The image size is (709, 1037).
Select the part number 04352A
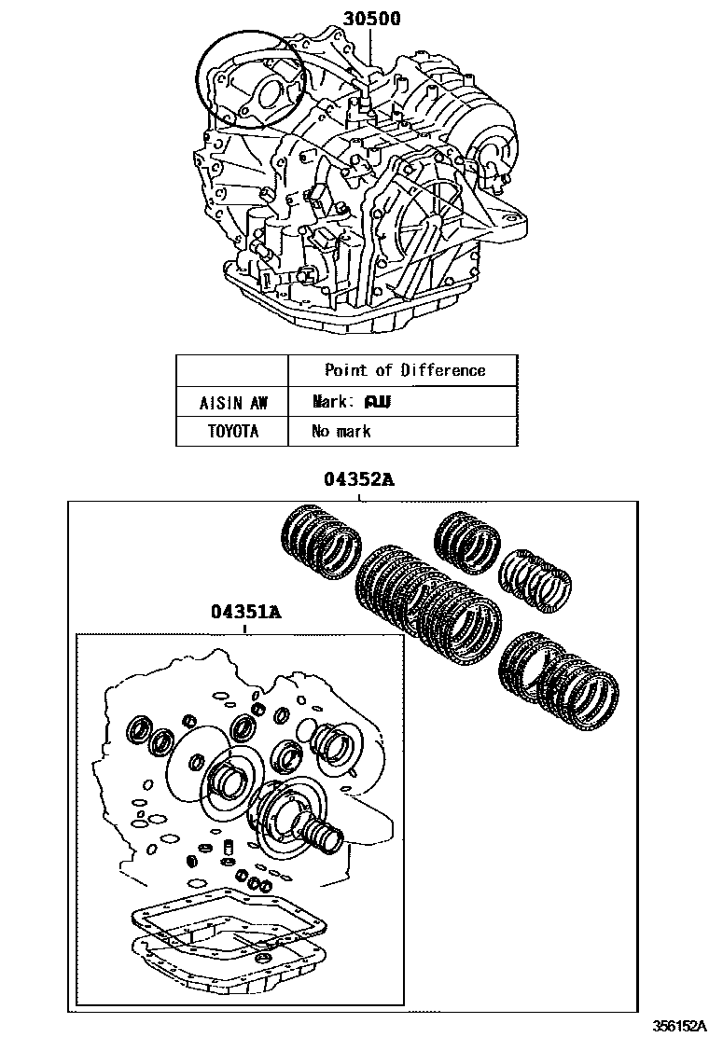pos(360,480)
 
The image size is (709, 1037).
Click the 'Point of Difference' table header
pos(405,370)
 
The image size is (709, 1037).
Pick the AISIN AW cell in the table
pos(232,403)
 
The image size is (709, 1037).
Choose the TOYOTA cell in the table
pos(232,431)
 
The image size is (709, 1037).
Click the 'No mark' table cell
pos(341,431)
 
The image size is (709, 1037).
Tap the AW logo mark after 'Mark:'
pos(377,403)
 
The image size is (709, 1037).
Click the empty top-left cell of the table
pos(232,370)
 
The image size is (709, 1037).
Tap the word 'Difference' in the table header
pos(443,370)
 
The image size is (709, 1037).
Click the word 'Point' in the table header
pos(345,370)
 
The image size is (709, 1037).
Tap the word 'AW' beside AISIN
pos(257,403)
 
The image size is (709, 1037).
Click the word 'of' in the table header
pos(383,370)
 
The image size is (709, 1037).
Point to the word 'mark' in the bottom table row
pos(353,431)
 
